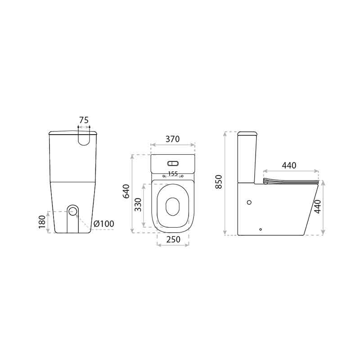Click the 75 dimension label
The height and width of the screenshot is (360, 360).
84,120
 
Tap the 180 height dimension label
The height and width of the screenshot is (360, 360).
42,222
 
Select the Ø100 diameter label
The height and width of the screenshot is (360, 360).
104,223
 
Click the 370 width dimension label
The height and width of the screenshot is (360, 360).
173,139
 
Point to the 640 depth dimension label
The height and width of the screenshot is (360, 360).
126,191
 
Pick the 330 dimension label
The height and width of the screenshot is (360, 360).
138,205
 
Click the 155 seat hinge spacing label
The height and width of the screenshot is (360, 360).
173,174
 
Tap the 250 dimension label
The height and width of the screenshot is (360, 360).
173,239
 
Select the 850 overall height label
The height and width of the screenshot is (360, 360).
219,182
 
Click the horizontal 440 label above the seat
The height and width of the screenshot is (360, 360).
289,165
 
